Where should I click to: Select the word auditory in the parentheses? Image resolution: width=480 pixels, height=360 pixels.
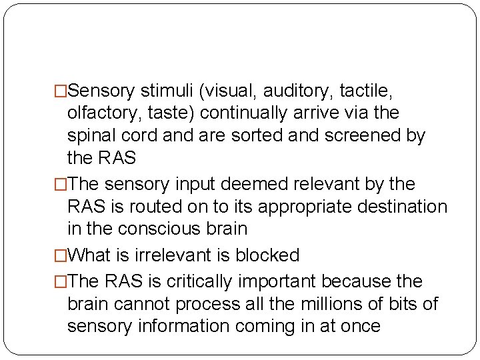coord(285,89)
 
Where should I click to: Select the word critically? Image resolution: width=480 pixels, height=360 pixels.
coord(189,281)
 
